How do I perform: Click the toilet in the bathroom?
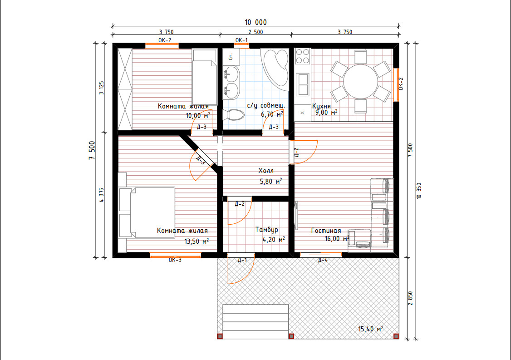coord(233,115)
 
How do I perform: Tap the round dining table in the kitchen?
coord(360,81)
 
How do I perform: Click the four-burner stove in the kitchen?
coord(302,56)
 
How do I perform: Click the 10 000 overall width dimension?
coord(256,22)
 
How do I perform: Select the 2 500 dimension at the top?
coord(255,32)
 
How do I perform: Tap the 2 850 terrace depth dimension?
coord(410,298)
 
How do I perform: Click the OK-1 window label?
coord(241,40)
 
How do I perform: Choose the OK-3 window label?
coord(175,260)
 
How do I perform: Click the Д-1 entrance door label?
coord(242,260)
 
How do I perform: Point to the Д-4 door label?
coord(323,260)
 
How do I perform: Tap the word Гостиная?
coord(326,231)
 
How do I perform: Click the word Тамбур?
coord(266,230)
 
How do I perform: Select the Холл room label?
coord(266,171)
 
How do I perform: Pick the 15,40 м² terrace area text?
coord(370,329)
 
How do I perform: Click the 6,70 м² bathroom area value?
coord(272,114)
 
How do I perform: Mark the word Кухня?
coord(321,106)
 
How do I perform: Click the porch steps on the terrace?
coord(256,322)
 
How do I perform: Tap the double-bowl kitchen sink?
coord(303,84)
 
